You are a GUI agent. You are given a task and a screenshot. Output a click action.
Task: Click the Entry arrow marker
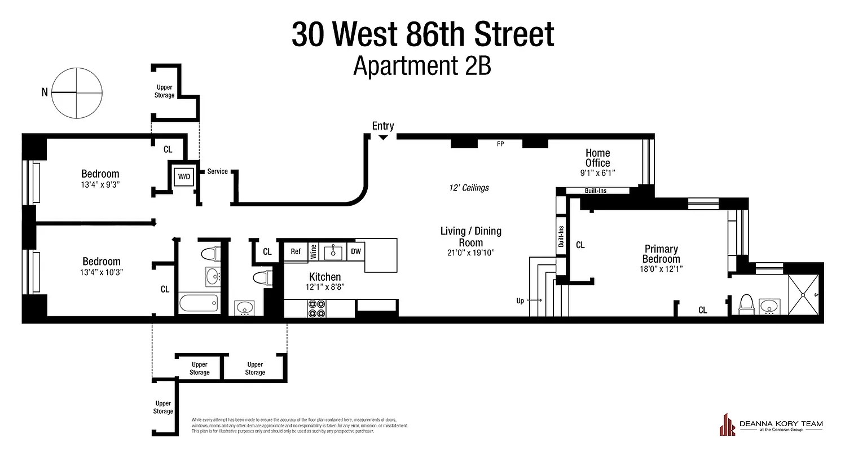(x=383, y=137)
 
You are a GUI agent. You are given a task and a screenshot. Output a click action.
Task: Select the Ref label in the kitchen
(x=296, y=251)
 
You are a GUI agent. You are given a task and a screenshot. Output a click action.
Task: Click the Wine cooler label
(x=314, y=251)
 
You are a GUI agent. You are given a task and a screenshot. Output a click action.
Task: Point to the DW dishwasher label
(x=356, y=251)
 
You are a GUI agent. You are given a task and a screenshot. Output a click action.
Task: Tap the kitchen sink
(x=334, y=251)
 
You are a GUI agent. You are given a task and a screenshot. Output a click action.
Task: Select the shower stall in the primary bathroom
(x=805, y=295)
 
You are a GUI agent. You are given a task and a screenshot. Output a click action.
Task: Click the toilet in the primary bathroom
(x=746, y=304)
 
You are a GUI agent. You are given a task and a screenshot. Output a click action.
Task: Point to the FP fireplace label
(x=500, y=144)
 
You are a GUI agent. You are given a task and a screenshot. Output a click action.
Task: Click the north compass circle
(x=78, y=92)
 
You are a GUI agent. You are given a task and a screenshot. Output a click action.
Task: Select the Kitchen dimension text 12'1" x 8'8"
(x=325, y=287)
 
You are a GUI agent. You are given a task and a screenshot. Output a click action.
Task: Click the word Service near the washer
(x=218, y=171)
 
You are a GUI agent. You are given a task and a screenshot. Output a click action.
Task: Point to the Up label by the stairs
(x=520, y=300)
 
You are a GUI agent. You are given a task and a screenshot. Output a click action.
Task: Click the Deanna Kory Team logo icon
(x=727, y=425)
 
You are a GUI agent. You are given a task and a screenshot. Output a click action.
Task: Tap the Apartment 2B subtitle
(x=422, y=66)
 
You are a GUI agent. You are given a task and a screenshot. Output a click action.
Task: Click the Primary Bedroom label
(x=662, y=254)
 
